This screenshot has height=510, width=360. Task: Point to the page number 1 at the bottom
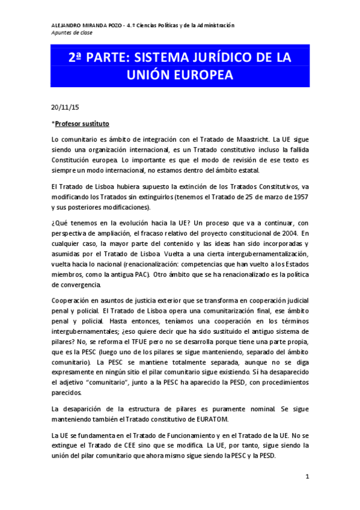click(x=307, y=477)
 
